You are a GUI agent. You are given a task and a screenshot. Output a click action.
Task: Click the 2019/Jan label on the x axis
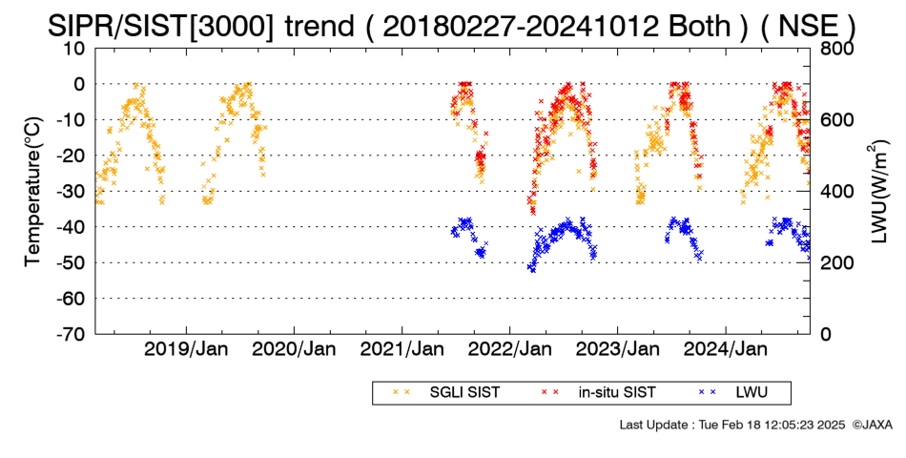186,349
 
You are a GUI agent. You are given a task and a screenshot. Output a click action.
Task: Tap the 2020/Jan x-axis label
294,349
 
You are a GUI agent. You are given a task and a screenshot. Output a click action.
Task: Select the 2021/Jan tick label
402,349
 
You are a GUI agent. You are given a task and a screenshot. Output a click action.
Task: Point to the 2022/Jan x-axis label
509,349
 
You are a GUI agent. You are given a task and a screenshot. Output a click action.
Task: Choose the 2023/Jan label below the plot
618,349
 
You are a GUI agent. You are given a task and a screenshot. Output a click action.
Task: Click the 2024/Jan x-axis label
726,349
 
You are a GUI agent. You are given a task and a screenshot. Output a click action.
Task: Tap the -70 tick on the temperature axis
70,334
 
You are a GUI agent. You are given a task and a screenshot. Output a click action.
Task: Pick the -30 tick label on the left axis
70,192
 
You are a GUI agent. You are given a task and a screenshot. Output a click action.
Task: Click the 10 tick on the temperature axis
74,49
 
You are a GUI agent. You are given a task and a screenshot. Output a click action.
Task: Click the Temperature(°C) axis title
34,192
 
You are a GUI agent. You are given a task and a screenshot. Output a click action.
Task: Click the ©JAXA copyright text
872,426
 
